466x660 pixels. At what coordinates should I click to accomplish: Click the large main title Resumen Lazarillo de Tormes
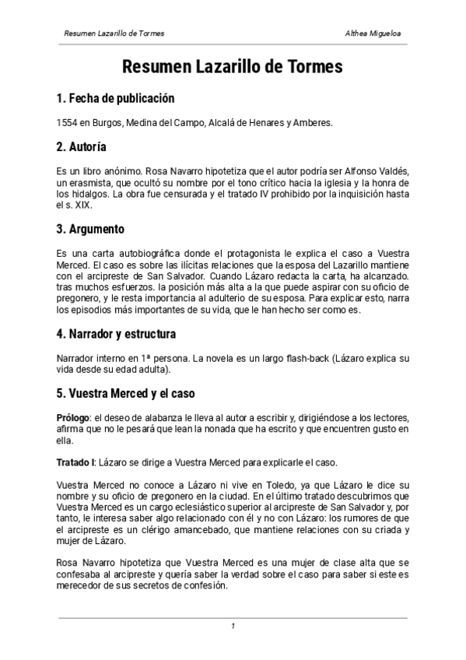233,67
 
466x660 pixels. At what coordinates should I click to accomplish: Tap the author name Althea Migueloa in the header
377,34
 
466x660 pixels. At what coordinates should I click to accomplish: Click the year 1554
67,123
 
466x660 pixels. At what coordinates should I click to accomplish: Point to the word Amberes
312,123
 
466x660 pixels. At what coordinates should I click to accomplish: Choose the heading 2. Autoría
82,147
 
